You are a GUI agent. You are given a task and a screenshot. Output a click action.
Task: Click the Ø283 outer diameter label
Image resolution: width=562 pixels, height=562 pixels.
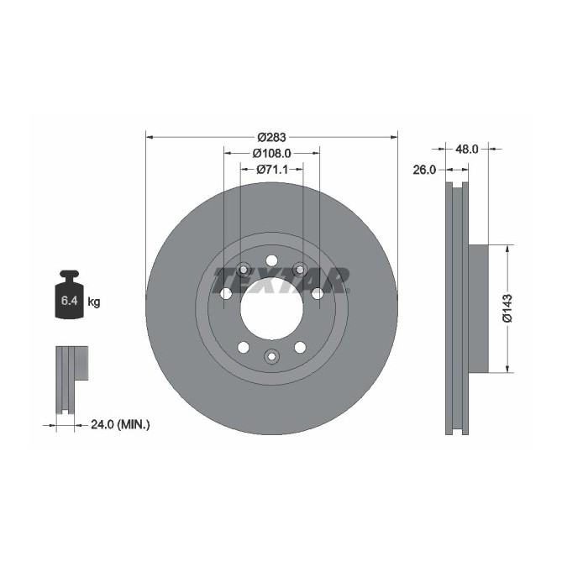tap(272, 137)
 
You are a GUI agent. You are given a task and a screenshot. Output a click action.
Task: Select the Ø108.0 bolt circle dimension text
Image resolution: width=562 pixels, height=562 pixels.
tap(271, 154)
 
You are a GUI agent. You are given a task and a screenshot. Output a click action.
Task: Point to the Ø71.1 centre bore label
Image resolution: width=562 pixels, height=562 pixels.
tap(271, 170)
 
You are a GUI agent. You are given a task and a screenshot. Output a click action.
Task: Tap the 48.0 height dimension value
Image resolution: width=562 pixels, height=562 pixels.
tap(466, 149)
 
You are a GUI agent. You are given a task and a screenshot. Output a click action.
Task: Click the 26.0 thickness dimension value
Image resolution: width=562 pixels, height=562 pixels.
tap(424, 170)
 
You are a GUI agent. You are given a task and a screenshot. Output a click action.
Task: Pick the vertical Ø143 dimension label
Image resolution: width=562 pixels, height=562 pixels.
tap(507, 307)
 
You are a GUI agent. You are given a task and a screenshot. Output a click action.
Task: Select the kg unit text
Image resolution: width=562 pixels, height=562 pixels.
tap(94, 301)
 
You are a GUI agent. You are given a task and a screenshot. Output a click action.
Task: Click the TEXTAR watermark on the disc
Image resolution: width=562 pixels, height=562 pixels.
tap(280, 279)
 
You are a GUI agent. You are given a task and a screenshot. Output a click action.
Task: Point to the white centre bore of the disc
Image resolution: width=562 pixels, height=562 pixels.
tap(271, 309)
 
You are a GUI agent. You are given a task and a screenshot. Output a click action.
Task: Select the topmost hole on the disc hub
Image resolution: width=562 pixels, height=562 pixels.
tap(271, 260)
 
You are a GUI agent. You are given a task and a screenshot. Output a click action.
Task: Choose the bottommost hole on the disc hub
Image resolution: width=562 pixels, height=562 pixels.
tap(271, 356)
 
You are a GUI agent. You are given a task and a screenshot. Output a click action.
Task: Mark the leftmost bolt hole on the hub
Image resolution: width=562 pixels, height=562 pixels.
tap(225, 294)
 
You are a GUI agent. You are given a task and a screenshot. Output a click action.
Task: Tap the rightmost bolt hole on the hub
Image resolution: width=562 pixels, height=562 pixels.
tap(318, 294)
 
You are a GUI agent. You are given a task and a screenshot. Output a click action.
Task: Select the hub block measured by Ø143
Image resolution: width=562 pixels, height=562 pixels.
tap(477, 307)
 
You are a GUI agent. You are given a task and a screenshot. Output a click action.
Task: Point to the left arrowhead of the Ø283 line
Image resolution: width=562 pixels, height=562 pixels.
tap(150, 136)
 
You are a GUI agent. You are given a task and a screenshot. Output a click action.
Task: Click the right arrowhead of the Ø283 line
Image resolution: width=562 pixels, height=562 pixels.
tap(394, 136)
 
